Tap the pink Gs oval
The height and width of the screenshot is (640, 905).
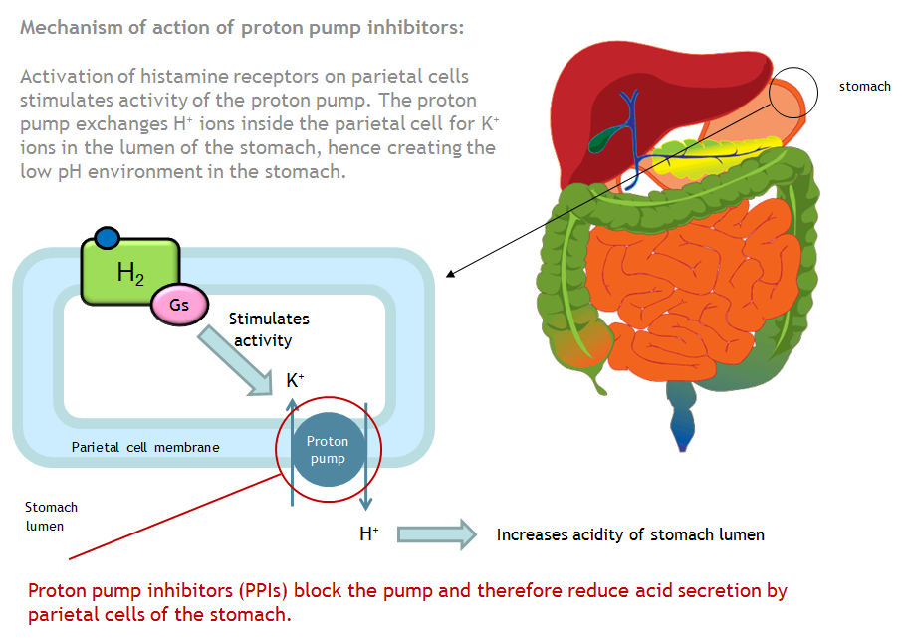tap(179, 305)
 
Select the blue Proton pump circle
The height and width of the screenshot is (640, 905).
tap(328, 450)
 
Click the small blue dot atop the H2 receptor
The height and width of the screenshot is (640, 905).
tap(107, 238)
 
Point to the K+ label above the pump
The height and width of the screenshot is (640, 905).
tap(295, 380)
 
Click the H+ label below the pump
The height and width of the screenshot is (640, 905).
tap(368, 534)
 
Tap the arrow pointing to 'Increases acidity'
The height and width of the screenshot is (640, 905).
tap(436, 534)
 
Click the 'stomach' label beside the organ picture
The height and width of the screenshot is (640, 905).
tap(864, 87)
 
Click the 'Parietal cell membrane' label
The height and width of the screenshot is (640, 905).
tap(145, 447)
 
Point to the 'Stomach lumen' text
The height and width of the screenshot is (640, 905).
tap(51, 516)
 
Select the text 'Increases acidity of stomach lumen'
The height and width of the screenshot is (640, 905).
tap(630, 534)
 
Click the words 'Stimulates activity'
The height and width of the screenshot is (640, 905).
tap(269, 329)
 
